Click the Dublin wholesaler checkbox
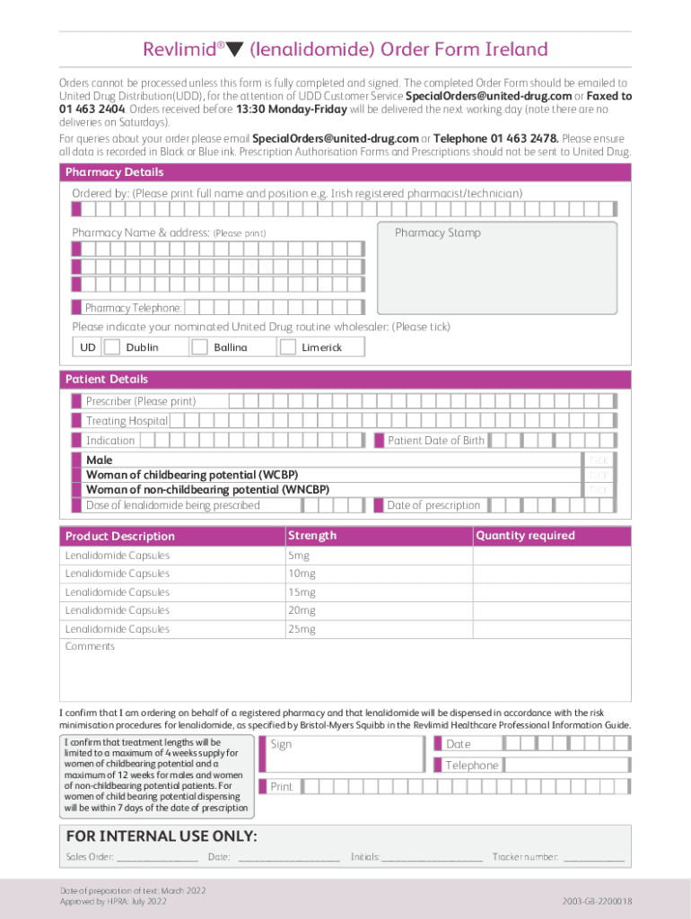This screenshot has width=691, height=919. pos(112,347)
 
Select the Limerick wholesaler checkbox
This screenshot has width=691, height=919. pos(287,347)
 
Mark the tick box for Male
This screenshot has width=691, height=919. pos(599,459)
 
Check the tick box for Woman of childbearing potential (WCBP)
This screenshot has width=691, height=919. pos(599,475)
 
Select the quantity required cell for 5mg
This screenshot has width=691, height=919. pos(551,556)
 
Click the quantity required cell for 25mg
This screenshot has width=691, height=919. pos(551,629)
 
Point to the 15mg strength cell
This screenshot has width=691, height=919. pos(377,592)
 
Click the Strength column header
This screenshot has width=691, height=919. pos(312,536)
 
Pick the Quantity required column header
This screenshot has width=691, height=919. pos(525,536)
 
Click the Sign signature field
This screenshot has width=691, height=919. pos(342,754)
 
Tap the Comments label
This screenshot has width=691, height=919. pos(90,646)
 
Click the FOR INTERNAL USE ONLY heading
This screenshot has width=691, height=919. pos(162,837)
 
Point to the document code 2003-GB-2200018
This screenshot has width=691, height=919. pos(598,900)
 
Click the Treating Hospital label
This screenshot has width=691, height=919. pos(127,421)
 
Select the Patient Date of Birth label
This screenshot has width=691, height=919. pos(435,441)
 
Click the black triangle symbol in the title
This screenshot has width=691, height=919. pos(236,50)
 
